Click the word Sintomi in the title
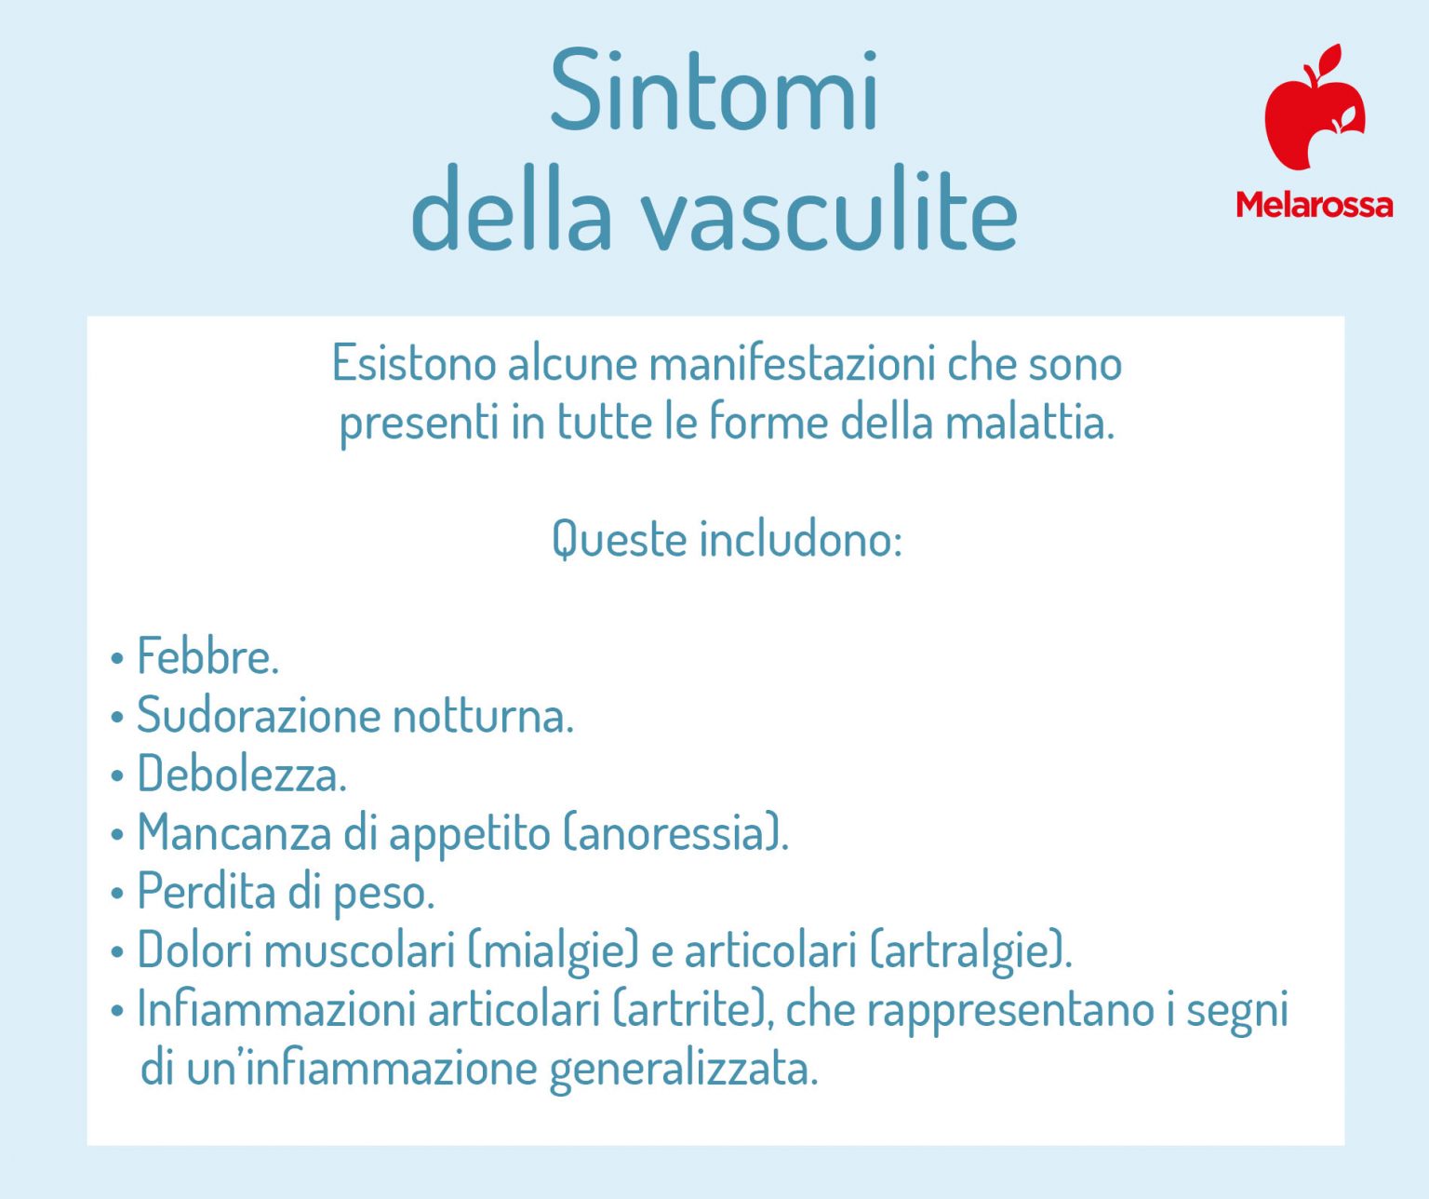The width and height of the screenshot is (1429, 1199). click(x=714, y=92)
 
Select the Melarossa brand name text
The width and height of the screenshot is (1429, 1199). click(x=1314, y=205)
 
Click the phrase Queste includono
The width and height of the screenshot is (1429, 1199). click(x=727, y=539)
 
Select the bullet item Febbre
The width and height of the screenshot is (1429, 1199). click(x=207, y=657)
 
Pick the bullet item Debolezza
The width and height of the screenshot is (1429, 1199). click(x=242, y=775)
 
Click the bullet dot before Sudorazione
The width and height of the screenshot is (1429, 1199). click(x=117, y=718)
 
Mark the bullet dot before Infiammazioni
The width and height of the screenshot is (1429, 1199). click(x=117, y=1011)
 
